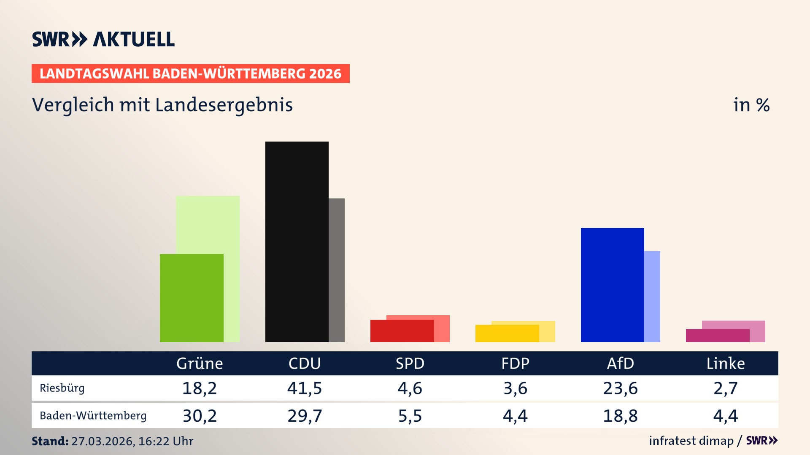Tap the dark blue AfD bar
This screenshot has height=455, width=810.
pos(612,285)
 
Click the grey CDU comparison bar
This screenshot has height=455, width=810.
pos(337,270)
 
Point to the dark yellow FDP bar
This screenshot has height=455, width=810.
pos(507,333)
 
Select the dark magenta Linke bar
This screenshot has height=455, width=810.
pos(717,335)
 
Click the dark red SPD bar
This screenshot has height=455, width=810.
pos(402,331)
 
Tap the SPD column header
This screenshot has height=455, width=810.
pos(410,363)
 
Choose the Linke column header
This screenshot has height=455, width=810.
pos(725,363)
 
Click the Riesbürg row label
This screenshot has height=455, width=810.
pos(62,388)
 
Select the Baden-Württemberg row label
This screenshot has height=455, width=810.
pos(93,416)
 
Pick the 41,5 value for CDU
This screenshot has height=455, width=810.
pos(304,388)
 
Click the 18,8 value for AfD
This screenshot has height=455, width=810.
pos(620,416)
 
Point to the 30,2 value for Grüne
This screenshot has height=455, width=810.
pos(200,416)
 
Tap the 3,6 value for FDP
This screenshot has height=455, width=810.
pos(515,388)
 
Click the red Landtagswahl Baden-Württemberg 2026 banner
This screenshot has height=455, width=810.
pos(190,73)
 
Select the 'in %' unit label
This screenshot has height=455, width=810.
pos(751,105)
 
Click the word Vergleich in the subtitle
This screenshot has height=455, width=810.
pos(73,105)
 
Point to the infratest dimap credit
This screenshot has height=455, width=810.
pos(691,441)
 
